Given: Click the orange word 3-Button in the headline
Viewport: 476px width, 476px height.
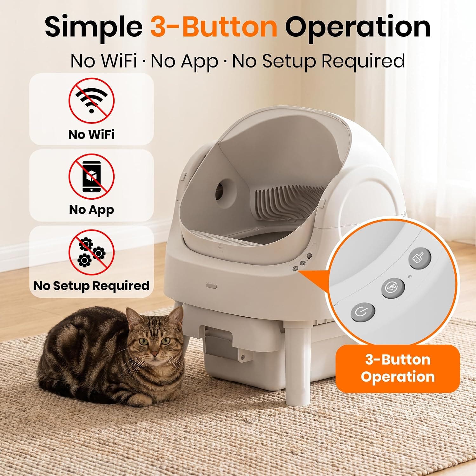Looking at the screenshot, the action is pyautogui.click(x=214, y=27).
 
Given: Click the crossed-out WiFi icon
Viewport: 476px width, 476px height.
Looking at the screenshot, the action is pyautogui.click(x=91, y=100).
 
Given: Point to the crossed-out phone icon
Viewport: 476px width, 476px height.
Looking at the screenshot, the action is pyautogui.click(x=91, y=176).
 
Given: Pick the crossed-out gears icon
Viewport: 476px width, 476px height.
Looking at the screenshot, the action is pyautogui.click(x=91, y=253).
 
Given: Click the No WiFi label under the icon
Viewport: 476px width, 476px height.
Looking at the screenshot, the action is pyautogui.click(x=91, y=134).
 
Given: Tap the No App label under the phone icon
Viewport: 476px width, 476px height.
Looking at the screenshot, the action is pyautogui.click(x=91, y=210).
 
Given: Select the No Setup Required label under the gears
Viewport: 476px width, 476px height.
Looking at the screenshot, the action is pyautogui.click(x=91, y=286).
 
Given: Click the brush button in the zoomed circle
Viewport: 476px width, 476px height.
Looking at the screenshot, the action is pyautogui.click(x=420, y=259).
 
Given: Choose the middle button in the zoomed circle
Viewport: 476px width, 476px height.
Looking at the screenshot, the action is pyautogui.click(x=393, y=288).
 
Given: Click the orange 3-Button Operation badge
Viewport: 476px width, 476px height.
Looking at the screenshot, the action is pyautogui.click(x=398, y=368).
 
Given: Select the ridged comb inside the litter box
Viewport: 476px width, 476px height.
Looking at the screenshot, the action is pyautogui.click(x=287, y=203).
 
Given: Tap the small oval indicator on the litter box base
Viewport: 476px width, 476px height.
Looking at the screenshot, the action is pyautogui.click(x=211, y=286).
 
